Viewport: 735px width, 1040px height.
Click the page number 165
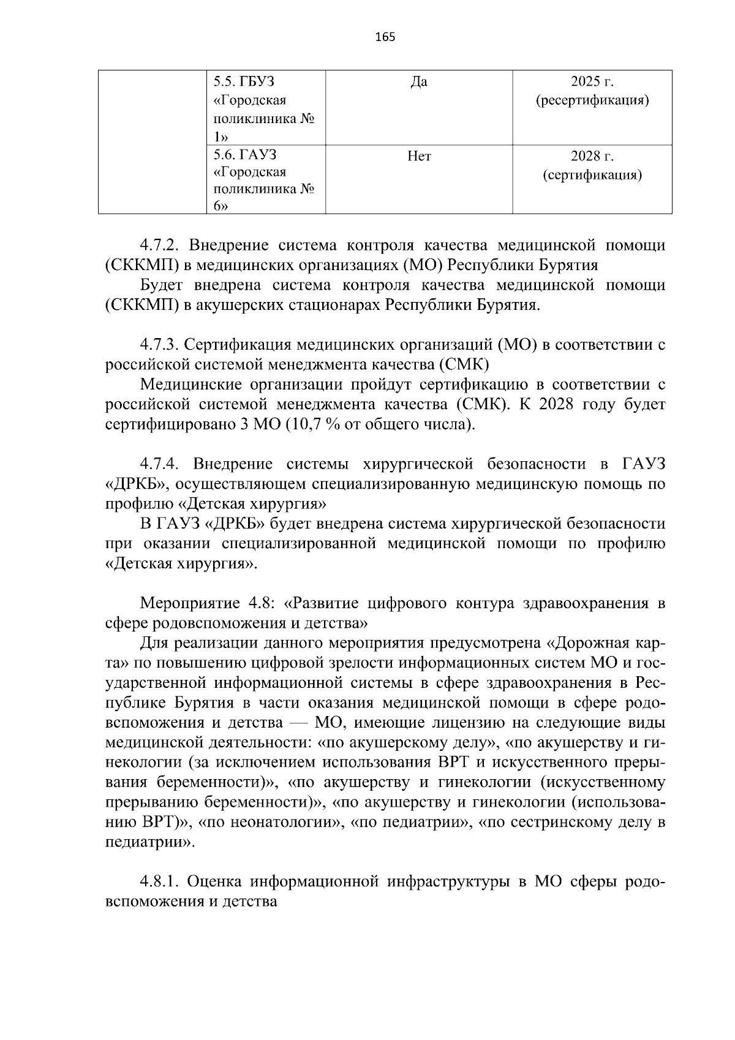coord(385,37)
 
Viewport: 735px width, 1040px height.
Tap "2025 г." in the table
coord(592,81)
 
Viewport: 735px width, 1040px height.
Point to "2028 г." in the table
coord(592,157)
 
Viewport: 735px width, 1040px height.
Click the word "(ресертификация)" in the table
coord(592,100)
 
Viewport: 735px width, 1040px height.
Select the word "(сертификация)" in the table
coord(592,176)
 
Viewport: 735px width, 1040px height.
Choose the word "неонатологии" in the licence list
coord(296,823)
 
